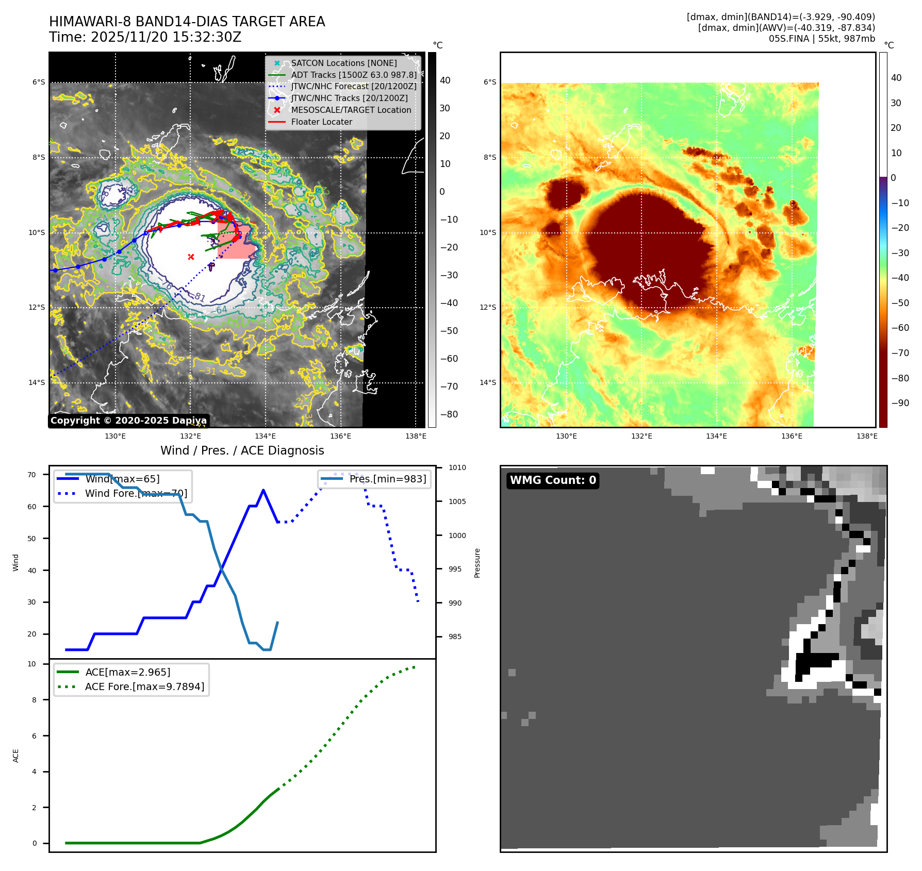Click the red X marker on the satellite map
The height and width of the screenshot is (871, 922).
pyautogui.click(x=191, y=257)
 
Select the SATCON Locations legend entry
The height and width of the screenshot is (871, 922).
pyautogui.click(x=343, y=63)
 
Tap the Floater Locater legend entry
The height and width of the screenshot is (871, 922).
pyautogui.click(x=321, y=122)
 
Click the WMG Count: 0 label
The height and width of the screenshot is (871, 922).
pyautogui.click(x=553, y=480)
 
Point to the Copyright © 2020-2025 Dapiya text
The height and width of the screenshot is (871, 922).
pyautogui.click(x=128, y=421)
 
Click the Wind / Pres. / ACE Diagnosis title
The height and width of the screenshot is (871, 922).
pyautogui.click(x=242, y=450)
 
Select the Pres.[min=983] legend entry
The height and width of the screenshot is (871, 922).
pyautogui.click(x=387, y=479)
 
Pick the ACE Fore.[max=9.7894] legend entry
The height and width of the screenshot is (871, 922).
pyautogui.click(x=144, y=686)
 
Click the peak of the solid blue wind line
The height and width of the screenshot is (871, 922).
pyautogui.click(x=264, y=490)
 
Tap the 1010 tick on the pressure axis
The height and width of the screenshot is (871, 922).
pyautogui.click(x=457, y=468)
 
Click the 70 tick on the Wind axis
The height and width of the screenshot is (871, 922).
pyautogui.click(x=32, y=475)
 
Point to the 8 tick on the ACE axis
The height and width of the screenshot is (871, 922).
pyautogui.click(x=34, y=700)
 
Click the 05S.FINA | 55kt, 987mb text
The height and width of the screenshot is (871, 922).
pyautogui.click(x=821, y=39)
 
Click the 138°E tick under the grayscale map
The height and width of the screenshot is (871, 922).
pyautogui.click(x=416, y=437)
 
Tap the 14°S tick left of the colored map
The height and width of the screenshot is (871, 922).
pyautogui.click(x=488, y=382)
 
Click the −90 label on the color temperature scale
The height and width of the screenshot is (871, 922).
pyautogui.click(x=900, y=403)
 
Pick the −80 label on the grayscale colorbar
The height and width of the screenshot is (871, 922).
pyautogui.click(x=449, y=414)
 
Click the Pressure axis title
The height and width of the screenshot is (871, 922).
pyautogui.click(x=477, y=563)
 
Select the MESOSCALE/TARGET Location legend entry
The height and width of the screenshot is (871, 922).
pyautogui.click(x=351, y=110)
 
